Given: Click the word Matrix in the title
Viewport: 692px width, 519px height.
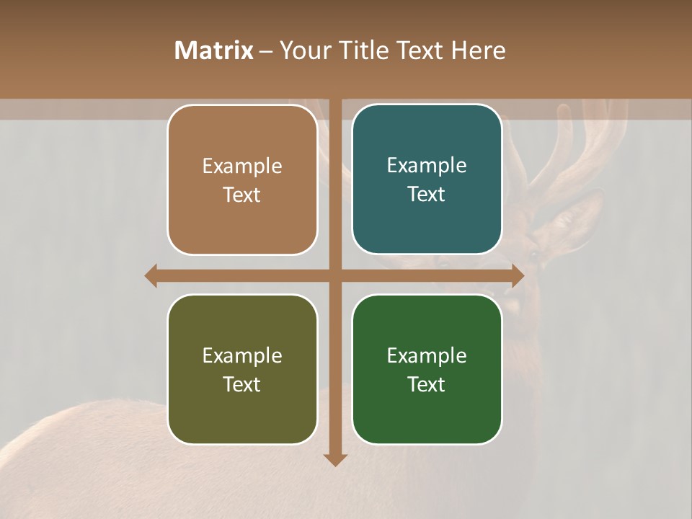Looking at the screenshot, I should click(213, 50).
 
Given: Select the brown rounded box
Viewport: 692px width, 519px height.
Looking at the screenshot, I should click(242, 180).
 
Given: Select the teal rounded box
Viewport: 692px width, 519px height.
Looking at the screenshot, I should click(427, 179).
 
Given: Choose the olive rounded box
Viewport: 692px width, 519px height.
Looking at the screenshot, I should click(242, 370).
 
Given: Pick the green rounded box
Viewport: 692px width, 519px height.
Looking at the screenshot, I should click(427, 370).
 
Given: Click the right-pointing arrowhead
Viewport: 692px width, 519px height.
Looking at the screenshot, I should click(518, 275).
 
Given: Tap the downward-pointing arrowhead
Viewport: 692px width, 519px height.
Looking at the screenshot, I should click(335, 459).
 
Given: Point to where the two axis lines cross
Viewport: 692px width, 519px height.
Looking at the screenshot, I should click(335, 275).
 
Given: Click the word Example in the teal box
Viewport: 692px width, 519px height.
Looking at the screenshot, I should click(427, 165).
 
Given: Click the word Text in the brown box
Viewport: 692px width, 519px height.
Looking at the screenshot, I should click(242, 195).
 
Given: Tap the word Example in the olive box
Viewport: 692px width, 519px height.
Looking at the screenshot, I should click(242, 355).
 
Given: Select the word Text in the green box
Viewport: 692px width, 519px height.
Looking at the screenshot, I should click(427, 385).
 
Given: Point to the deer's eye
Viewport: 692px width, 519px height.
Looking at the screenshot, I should click(534, 254).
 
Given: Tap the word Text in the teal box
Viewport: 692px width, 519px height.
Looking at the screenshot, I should click(427, 195).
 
